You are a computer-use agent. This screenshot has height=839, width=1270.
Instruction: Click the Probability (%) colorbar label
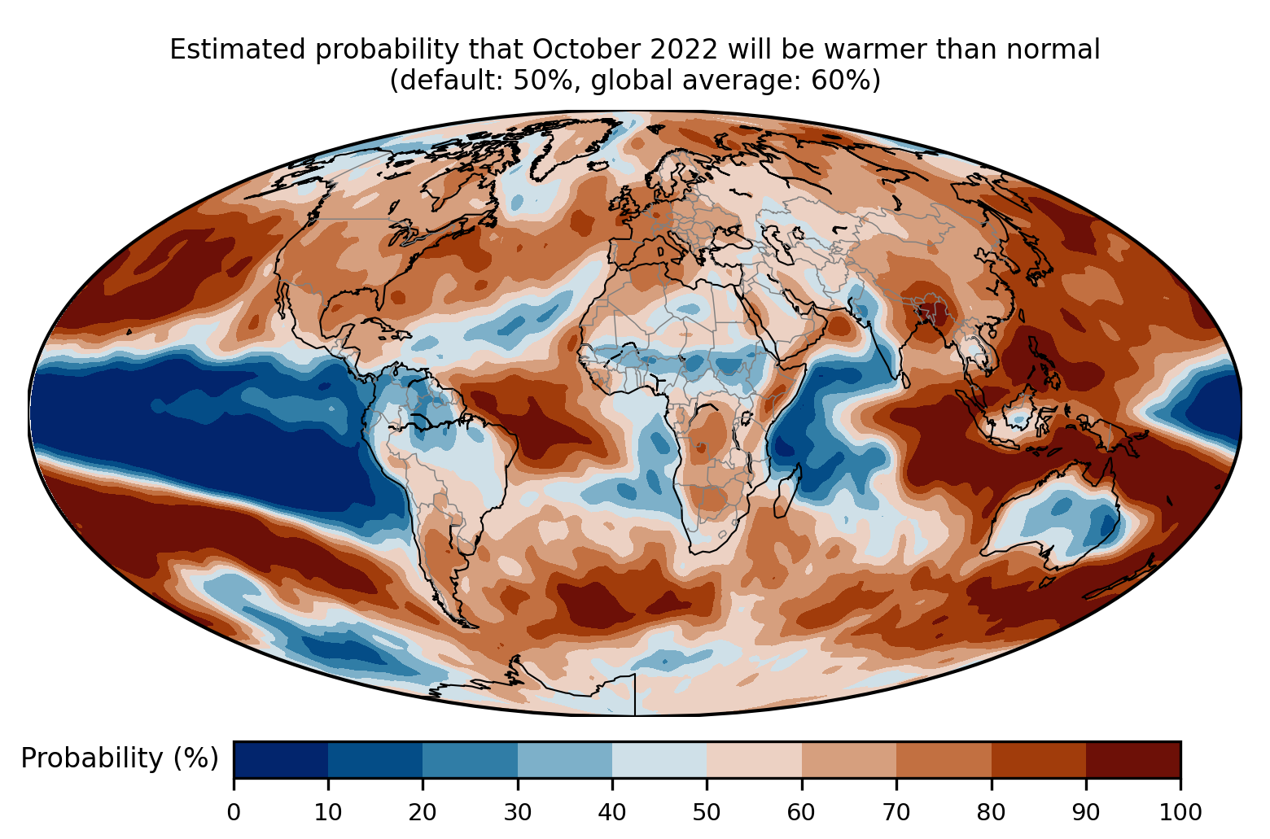[x=120, y=758]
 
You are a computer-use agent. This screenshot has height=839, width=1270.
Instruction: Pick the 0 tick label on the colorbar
[x=234, y=812]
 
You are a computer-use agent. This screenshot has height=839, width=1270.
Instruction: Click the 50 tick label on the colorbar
[x=707, y=812]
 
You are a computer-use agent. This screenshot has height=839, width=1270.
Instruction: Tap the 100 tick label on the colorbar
[x=1180, y=812]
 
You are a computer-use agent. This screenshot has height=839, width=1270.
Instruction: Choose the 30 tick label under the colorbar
[x=518, y=812]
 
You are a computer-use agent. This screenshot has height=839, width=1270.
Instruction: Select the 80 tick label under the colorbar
[x=991, y=812]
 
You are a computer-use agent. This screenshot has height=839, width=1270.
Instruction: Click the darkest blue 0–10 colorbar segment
[x=281, y=760]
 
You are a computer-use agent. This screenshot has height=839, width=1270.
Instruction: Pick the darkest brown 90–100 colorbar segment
[x=1132, y=760]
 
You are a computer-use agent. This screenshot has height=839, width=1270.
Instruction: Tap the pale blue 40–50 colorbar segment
[x=659, y=760]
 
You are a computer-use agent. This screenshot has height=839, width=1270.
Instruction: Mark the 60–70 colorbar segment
[x=848, y=760]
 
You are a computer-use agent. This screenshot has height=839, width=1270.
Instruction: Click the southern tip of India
[x=901, y=376]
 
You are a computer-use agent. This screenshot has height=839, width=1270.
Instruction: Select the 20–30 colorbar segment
[x=470, y=760]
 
